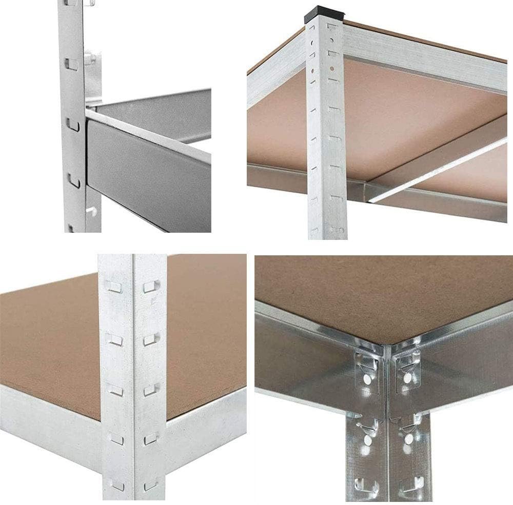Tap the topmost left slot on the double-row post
pos(114,287)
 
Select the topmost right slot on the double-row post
pos(150,287)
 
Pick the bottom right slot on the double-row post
pos(150,484)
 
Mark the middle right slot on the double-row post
pos(150,390)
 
